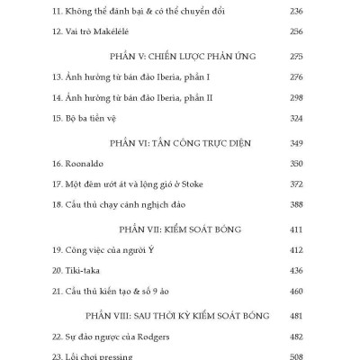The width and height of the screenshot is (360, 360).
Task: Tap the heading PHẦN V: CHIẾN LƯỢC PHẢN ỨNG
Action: (180, 56)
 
